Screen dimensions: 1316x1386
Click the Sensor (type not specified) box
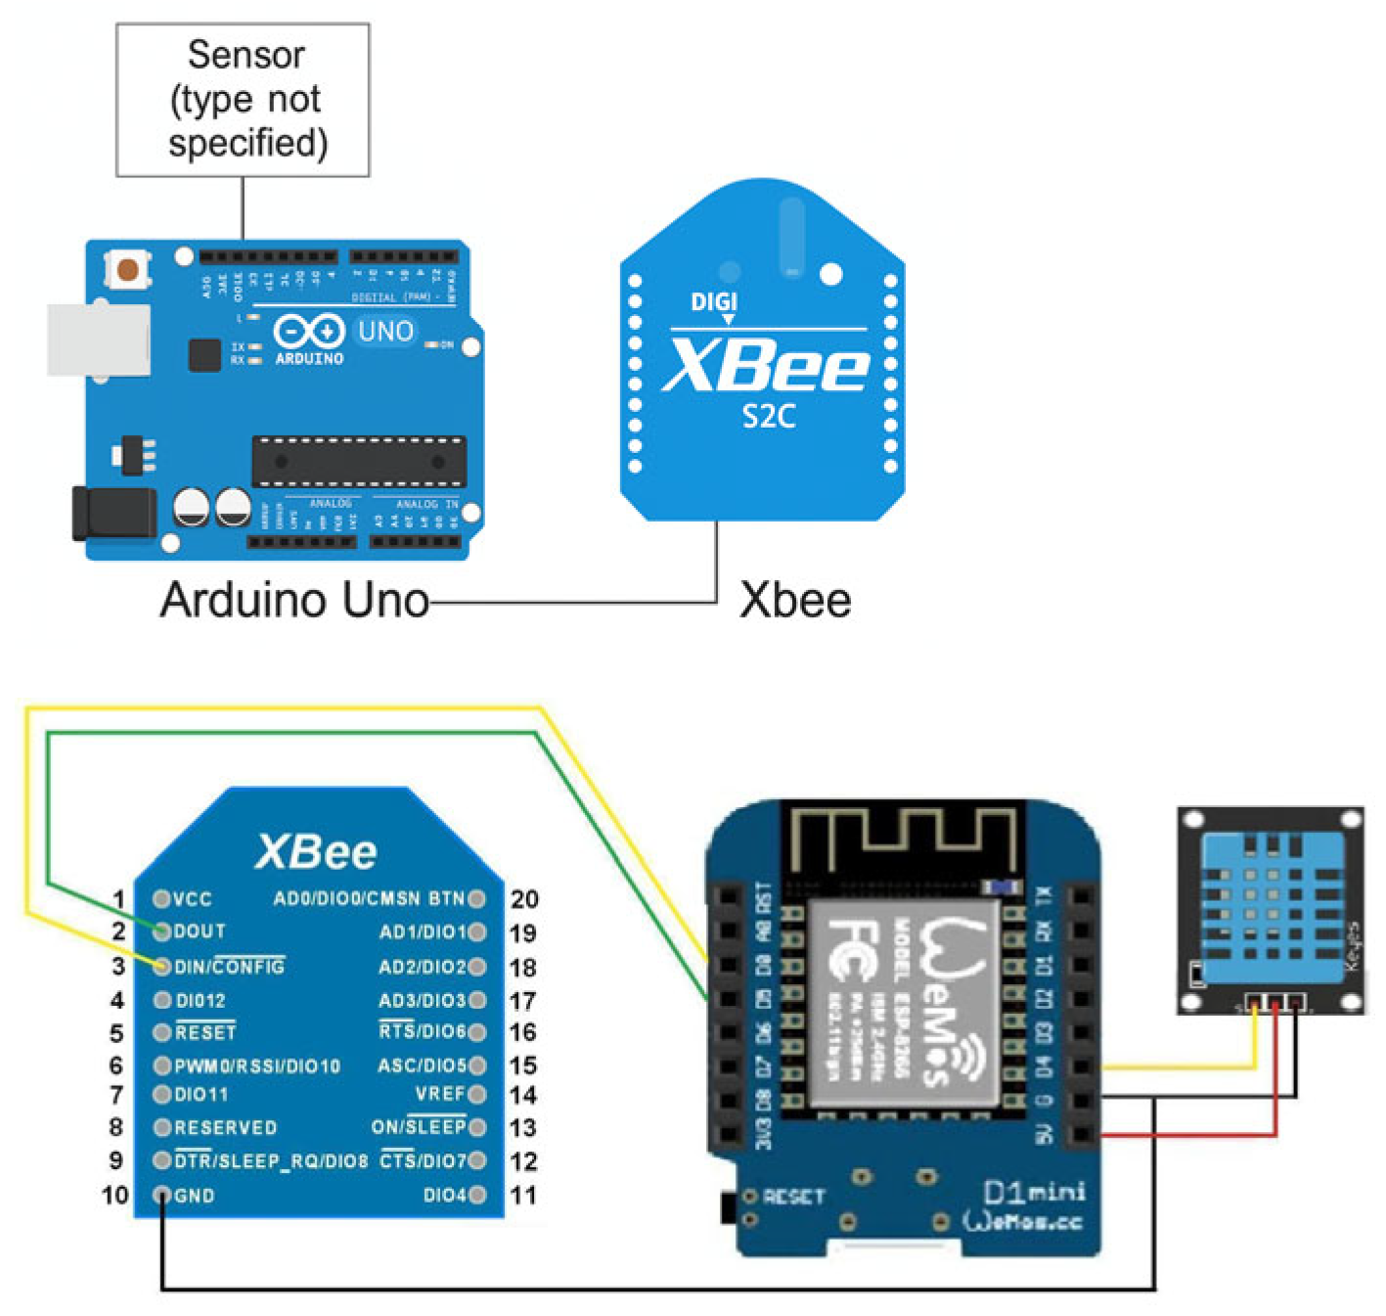(243, 100)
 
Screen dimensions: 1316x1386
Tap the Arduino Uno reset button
(127, 268)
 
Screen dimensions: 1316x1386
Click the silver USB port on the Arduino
(98, 340)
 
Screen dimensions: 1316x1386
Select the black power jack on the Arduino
(112, 513)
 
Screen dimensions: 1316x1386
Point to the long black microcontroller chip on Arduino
(358, 461)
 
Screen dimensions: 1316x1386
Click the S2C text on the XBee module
(768, 417)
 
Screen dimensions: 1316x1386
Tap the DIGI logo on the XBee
(714, 302)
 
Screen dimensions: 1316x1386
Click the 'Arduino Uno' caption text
(294, 600)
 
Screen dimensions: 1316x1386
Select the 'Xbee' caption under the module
(794, 600)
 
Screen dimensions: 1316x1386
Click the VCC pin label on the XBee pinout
(193, 899)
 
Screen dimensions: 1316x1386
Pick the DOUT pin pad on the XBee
(162, 931)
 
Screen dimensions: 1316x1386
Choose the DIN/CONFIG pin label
(229, 967)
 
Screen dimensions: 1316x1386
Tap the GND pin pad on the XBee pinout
(162, 1196)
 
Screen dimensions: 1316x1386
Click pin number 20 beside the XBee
(524, 899)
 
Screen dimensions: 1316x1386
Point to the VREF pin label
(439, 1094)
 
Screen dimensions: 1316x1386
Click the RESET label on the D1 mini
(793, 1197)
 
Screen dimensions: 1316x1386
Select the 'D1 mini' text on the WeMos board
(1033, 1192)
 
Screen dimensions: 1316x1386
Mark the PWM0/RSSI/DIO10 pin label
(257, 1066)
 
